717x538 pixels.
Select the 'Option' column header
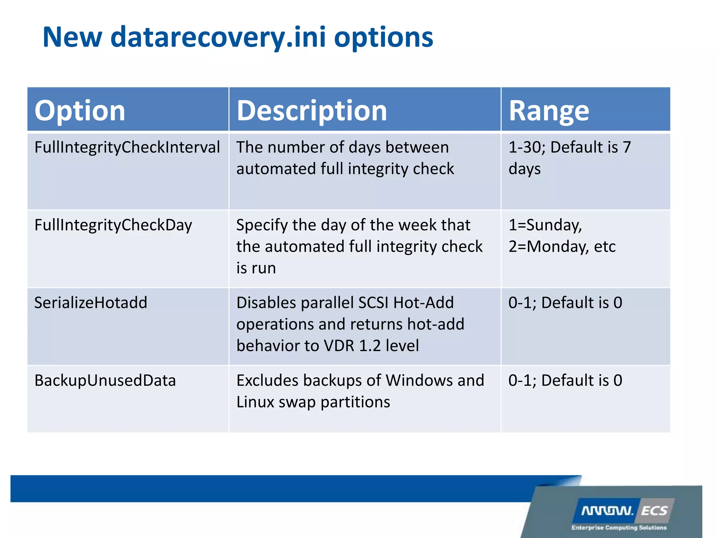pos(80,111)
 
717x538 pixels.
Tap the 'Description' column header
pos(312,111)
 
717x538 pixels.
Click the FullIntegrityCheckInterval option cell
pos(127,147)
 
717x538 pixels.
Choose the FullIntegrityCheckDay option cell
pos(113,225)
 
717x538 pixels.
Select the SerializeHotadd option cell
pos(91,303)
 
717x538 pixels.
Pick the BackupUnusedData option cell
pos(105,381)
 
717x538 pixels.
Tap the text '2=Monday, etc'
pos(562,247)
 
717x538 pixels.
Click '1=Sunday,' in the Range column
pos(545,225)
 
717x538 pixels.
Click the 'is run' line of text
pos(256,268)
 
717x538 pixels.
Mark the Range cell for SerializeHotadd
pos(565,303)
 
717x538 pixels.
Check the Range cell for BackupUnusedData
pos(565,381)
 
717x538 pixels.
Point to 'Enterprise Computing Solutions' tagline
pos(619,527)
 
